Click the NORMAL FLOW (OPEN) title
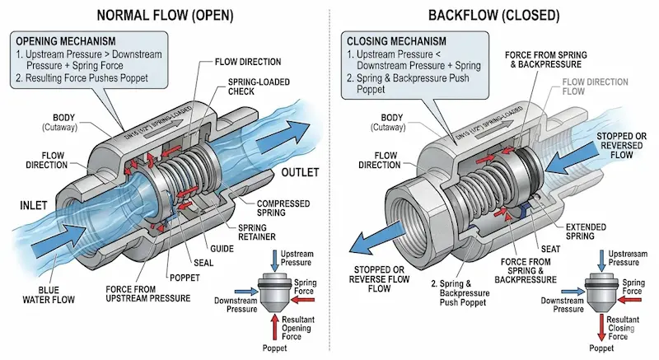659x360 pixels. [x=166, y=16]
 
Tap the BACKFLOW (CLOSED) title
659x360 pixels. [x=493, y=16]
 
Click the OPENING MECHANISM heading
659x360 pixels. [x=66, y=41]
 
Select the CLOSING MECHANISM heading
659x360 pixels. [x=396, y=41]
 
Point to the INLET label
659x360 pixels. [x=34, y=205]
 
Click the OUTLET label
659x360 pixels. [x=300, y=172]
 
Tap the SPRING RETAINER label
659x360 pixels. [x=257, y=232]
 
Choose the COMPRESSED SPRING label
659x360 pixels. [x=283, y=208]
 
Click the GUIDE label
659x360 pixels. [x=222, y=249]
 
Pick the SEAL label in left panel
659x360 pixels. [x=203, y=263]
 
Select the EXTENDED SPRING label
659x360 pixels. [x=586, y=231]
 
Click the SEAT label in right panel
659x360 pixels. [x=550, y=249]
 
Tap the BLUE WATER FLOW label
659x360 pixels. [x=49, y=295]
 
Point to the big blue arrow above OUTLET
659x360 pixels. [x=283, y=136]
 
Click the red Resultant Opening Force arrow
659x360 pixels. [x=275, y=327]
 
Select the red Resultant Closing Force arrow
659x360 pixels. [x=602, y=328]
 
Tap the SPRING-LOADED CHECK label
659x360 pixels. [x=259, y=86]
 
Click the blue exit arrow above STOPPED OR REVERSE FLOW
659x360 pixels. [x=377, y=239]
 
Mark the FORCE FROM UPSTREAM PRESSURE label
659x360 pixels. [x=148, y=294]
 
